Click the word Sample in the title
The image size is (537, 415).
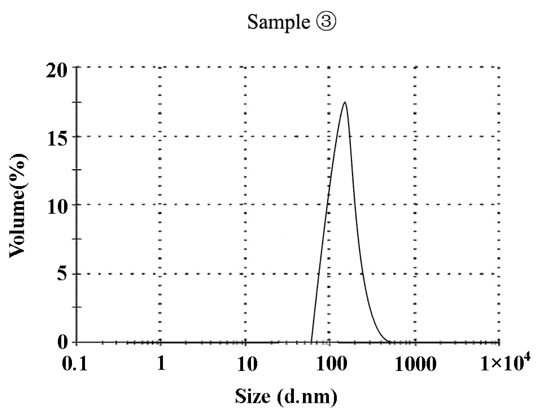coord(278,22)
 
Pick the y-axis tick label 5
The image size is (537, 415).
coord(64,274)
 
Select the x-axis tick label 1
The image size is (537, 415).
coord(161,364)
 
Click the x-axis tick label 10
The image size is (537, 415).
coord(245,364)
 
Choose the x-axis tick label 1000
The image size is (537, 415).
coord(415,364)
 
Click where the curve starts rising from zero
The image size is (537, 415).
coord(311,342)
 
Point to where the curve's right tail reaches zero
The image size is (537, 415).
coord(389,342)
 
